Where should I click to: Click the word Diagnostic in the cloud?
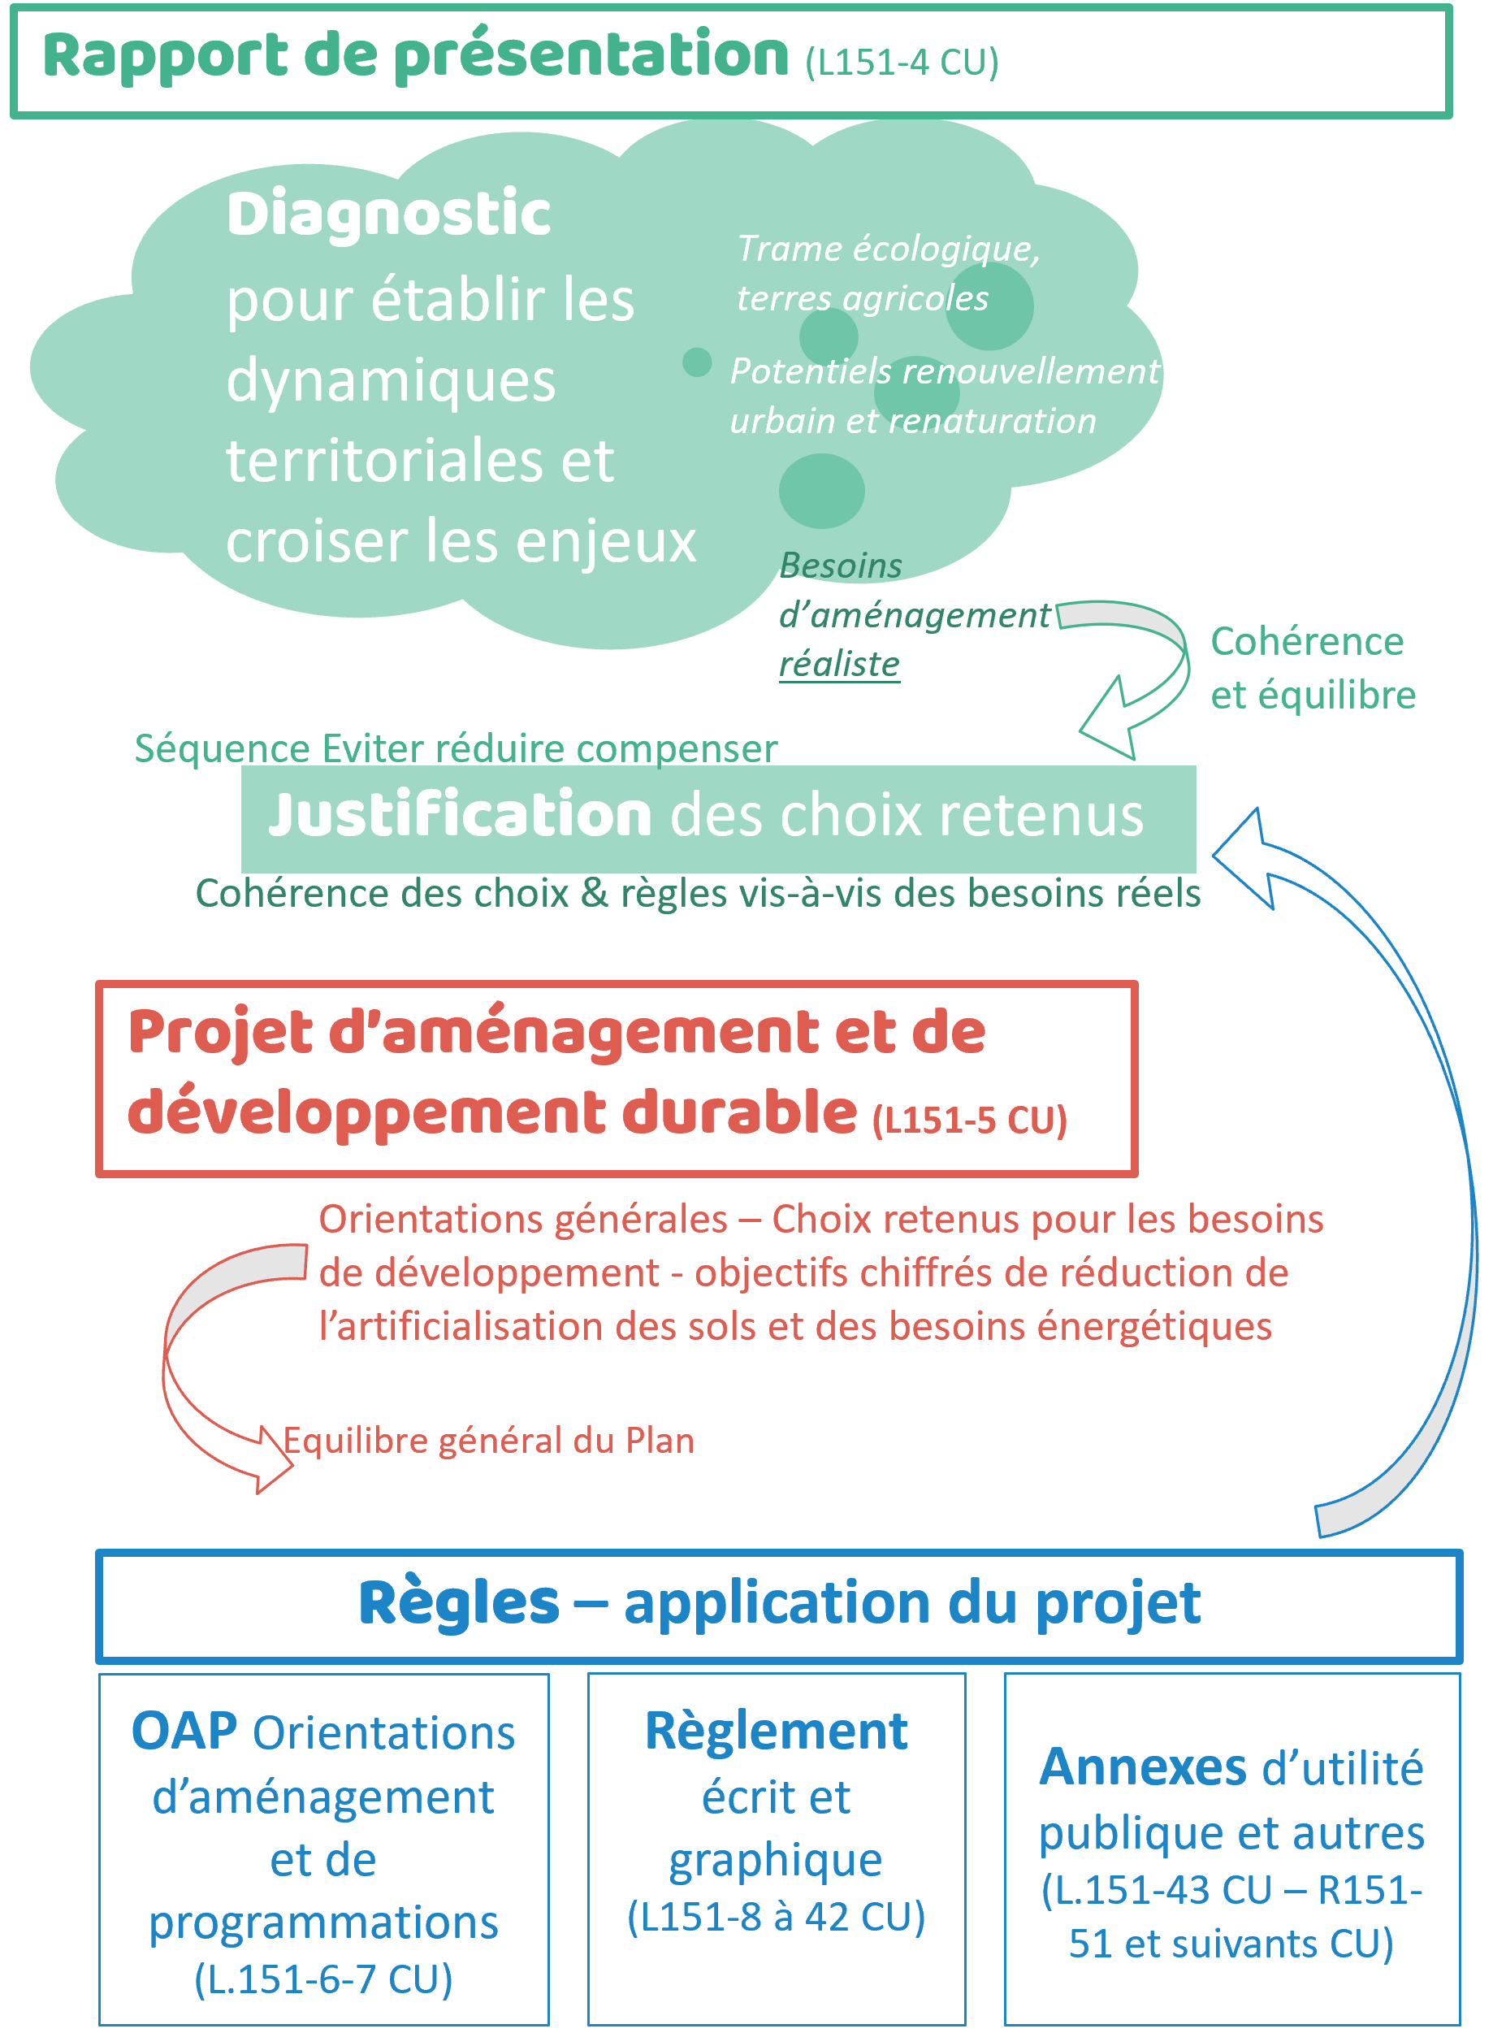[x=388, y=215]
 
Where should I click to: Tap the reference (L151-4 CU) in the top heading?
[x=902, y=62]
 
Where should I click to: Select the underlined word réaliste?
[x=840, y=664]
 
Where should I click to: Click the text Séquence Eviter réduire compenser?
[x=456, y=748]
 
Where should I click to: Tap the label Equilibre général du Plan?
[x=489, y=1440]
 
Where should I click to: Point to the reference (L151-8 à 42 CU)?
[x=777, y=1916]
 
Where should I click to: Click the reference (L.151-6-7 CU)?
[x=323, y=1979]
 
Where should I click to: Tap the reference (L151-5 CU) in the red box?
[x=970, y=1119]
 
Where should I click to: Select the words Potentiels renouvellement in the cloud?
[x=945, y=371]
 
